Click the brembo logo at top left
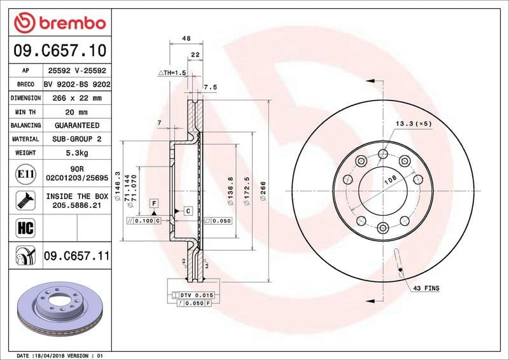tap(59, 24)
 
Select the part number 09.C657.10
tap(59, 50)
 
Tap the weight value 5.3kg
tap(77, 153)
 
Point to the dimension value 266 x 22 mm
tap(77, 98)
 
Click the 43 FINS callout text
tap(426, 288)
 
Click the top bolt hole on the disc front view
tap(383, 153)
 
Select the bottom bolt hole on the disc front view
tap(383, 228)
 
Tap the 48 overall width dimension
tap(186, 39)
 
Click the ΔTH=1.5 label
tap(172, 73)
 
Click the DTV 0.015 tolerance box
tap(194, 296)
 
